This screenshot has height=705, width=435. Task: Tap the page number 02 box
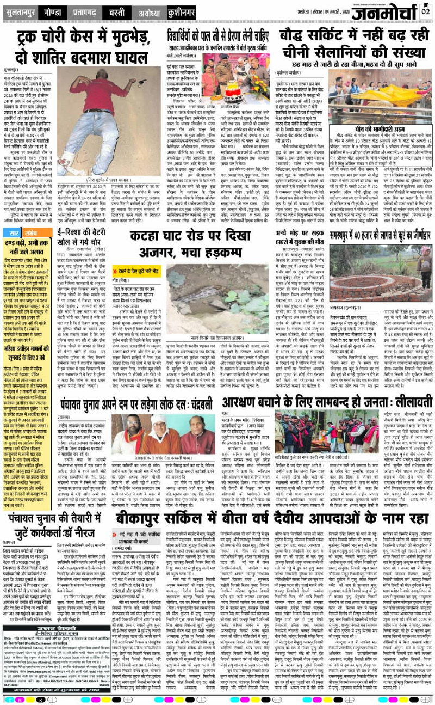[x=425, y=11]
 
